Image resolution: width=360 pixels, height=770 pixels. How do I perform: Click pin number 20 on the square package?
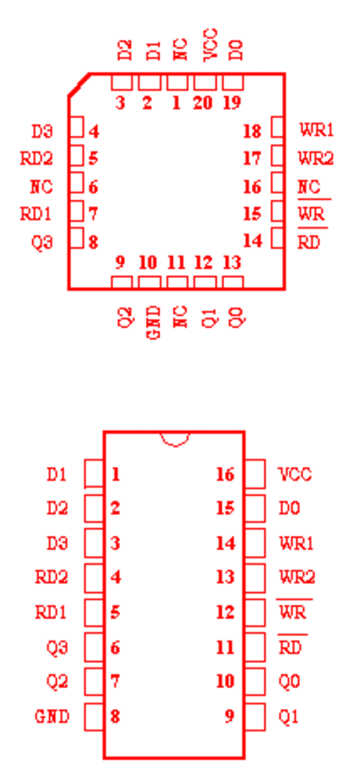203,103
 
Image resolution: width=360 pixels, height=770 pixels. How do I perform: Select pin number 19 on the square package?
231,103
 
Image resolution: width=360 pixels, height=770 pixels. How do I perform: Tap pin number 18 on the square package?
252,131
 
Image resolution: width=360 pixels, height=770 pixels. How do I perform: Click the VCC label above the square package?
211,45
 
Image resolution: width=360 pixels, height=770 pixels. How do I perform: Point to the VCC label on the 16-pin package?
294,474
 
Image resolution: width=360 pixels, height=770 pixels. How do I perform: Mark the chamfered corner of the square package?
78,85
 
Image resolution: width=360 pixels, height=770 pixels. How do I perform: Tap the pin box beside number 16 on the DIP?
255,474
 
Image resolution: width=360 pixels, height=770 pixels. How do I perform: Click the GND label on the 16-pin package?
52,716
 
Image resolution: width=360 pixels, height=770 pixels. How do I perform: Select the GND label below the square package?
154,322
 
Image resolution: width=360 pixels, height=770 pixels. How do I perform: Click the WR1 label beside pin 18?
317,130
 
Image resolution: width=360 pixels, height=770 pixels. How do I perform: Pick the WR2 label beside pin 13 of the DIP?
297,577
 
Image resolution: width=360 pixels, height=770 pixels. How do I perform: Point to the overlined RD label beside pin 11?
292,646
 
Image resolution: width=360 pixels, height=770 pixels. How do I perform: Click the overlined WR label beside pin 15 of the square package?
312,213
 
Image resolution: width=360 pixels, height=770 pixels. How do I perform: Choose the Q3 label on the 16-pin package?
57,648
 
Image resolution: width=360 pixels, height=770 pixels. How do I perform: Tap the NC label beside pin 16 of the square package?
309,187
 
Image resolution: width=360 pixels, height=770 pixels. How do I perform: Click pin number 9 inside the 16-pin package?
229,716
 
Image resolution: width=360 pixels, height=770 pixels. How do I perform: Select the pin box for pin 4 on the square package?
76,127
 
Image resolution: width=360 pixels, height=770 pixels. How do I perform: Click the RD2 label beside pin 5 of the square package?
36,158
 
